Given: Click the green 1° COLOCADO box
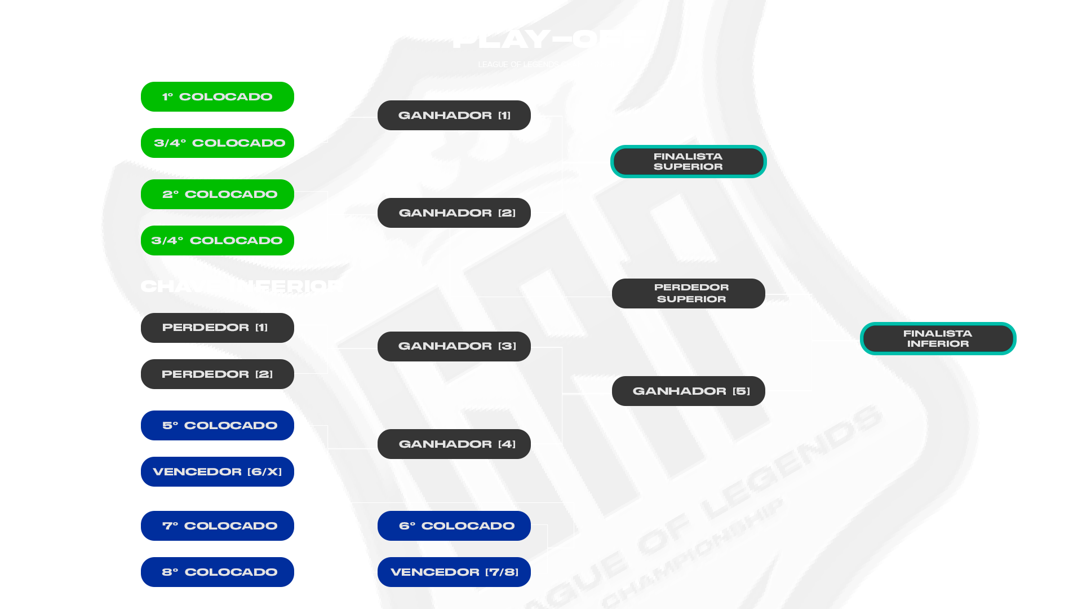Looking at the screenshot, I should point(218,97).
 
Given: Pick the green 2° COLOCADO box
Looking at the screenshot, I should point(218,195).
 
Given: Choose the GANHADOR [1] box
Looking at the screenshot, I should point(454,116).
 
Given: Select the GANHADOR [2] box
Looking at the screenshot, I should point(454,213).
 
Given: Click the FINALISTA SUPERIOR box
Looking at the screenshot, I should point(688,162).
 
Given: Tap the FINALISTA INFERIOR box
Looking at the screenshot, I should point(938,339).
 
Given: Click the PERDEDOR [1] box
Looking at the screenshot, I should point(218,328).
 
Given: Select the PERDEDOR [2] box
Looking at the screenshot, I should point(218,374).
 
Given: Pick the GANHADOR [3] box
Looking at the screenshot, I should point(454,346).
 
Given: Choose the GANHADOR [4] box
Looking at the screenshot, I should point(454,444).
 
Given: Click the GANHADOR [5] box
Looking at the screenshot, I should point(689,391).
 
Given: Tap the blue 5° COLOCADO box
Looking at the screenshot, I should point(218,426).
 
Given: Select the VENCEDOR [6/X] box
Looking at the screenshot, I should point(218,472).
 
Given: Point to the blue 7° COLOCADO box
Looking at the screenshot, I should point(218,526).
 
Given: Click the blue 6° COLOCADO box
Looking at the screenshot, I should point(454,526).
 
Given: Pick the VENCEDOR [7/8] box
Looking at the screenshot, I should point(454,572).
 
